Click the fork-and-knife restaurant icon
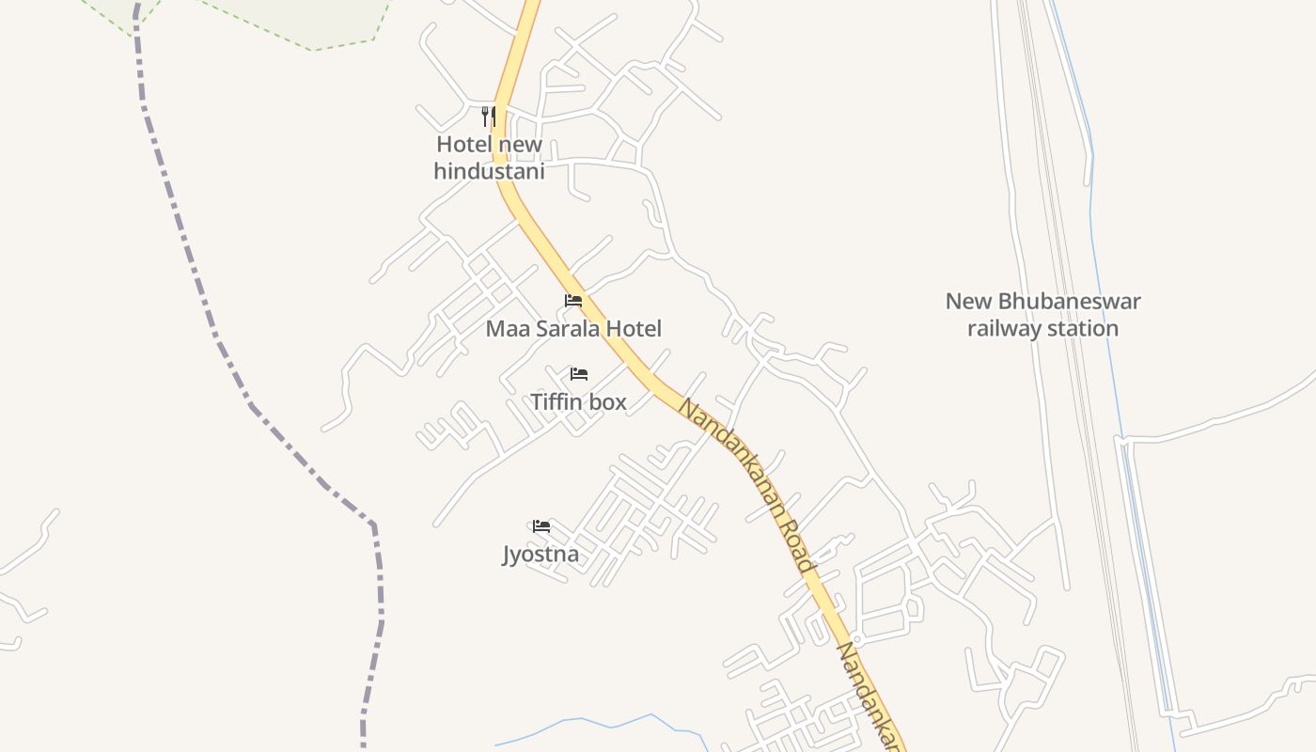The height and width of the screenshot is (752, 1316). (x=488, y=117)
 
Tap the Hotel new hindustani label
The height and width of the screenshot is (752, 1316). (x=489, y=158)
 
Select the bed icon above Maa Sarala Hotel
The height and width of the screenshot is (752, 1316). (x=573, y=301)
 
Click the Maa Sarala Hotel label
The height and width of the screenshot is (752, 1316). (x=573, y=329)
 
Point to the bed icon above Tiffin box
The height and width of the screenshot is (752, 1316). (x=579, y=374)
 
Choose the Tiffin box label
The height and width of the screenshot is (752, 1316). (x=578, y=402)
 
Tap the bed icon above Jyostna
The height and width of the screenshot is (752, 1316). (x=541, y=526)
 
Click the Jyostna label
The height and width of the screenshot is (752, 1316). (x=540, y=555)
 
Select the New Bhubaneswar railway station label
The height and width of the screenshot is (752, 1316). (x=1042, y=315)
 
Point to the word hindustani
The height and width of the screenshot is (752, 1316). (x=489, y=172)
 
